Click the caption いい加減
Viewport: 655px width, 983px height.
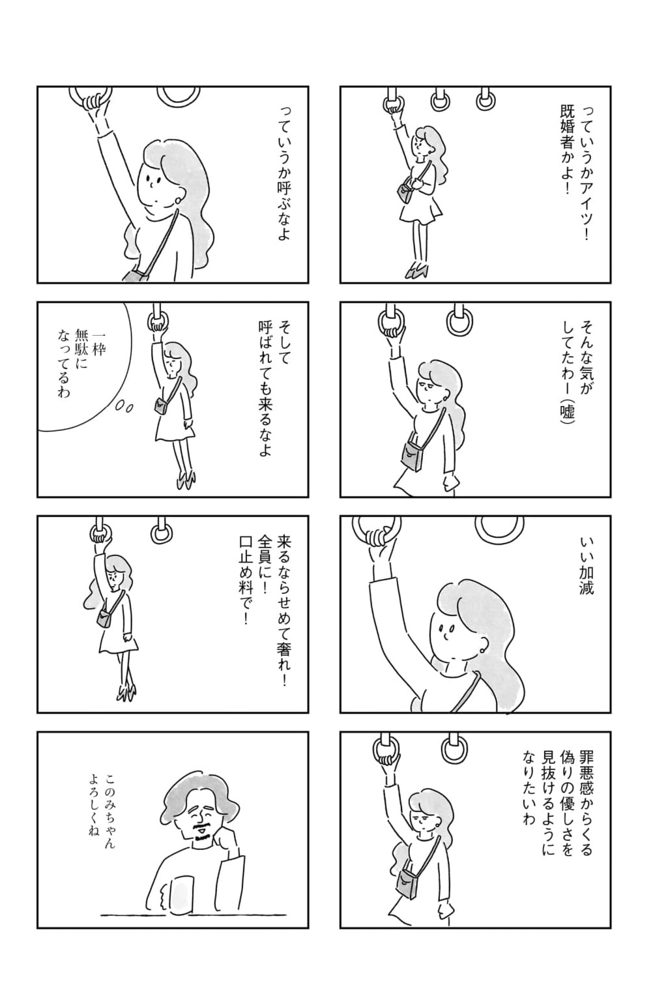[x=586, y=566]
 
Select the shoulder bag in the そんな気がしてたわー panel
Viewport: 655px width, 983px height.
[x=411, y=456]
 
